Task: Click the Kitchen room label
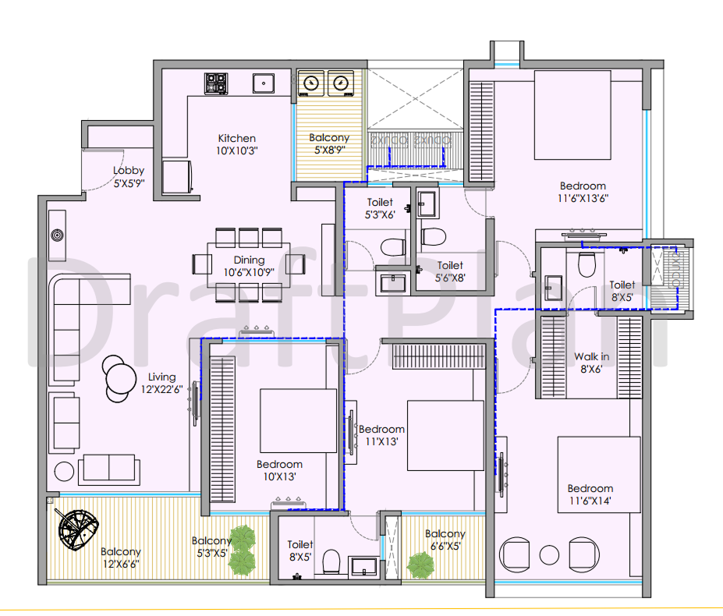pyautogui.click(x=236, y=138)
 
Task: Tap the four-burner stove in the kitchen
pyautogui.click(x=216, y=84)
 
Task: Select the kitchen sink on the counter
pyautogui.click(x=264, y=83)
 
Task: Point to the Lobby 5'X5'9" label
pyautogui.click(x=129, y=176)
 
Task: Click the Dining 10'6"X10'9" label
pyautogui.click(x=249, y=266)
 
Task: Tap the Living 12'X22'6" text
pyautogui.click(x=162, y=383)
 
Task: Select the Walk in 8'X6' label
pyautogui.click(x=592, y=363)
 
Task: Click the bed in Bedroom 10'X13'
pyautogui.click(x=299, y=420)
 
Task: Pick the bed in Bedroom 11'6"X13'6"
pyautogui.click(x=572, y=115)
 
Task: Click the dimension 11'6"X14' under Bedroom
pyautogui.click(x=590, y=501)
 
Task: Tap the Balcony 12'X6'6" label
pyautogui.click(x=121, y=558)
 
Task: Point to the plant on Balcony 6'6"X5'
pyautogui.click(x=420, y=565)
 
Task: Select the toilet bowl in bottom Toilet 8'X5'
pyautogui.click(x=331, y=561)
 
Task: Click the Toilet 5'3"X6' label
pyautogui.click(x=380, y=208)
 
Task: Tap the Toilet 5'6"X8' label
pyautogui.click(x=450, y=271)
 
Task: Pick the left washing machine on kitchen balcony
pyautogui.click(x=311, y=83)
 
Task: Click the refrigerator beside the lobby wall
pyautogui.click(x=177, y=176)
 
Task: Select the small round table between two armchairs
pyautogui.click(x=549, y=555)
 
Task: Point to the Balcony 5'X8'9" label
pyautogui.click(x=329, y=143)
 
